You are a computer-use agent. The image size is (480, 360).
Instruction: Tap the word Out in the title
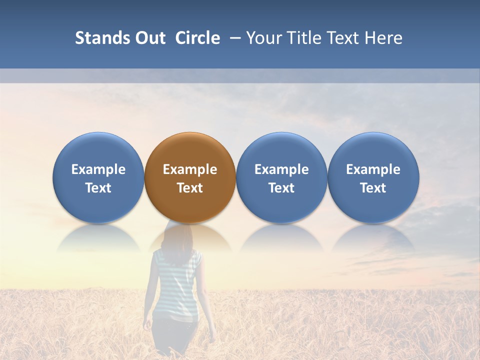point(150,38)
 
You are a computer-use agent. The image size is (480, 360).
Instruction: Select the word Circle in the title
point(197,38)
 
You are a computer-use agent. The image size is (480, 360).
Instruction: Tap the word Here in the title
point(383,38)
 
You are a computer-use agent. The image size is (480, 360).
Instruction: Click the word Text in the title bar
point(343,38)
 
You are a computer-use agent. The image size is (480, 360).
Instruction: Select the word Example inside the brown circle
point(190,170)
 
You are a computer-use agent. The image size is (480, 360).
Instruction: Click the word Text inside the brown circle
point(190,188)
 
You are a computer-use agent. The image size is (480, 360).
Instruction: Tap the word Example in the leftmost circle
point(98,170)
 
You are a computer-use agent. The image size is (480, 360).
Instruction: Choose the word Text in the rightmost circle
point(373,188)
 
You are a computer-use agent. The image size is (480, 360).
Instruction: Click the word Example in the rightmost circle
point(373,170)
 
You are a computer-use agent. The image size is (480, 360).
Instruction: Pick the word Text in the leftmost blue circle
point(98,188)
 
